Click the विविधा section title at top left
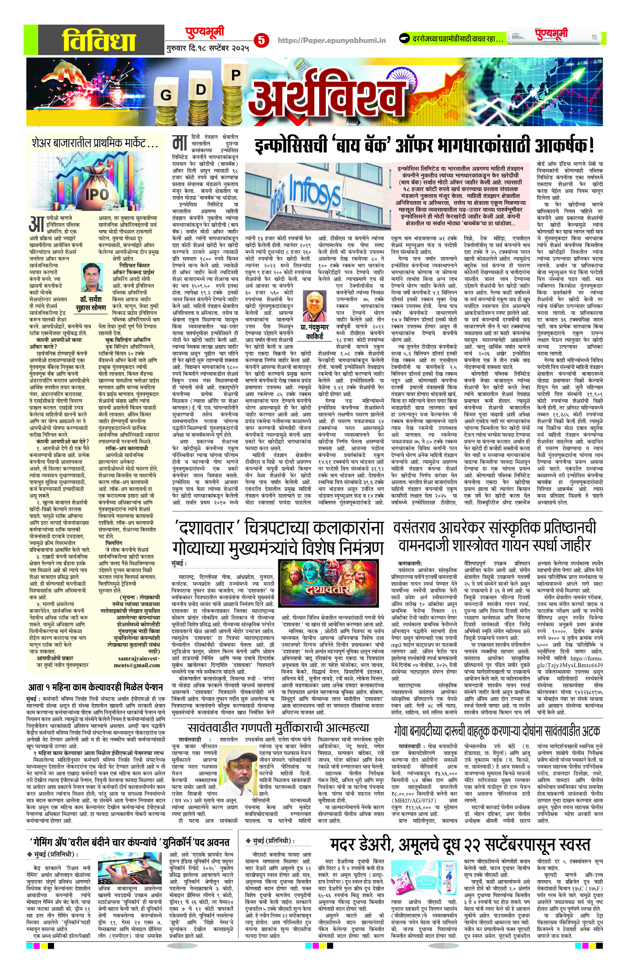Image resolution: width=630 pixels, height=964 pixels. (x=93, y=39)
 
